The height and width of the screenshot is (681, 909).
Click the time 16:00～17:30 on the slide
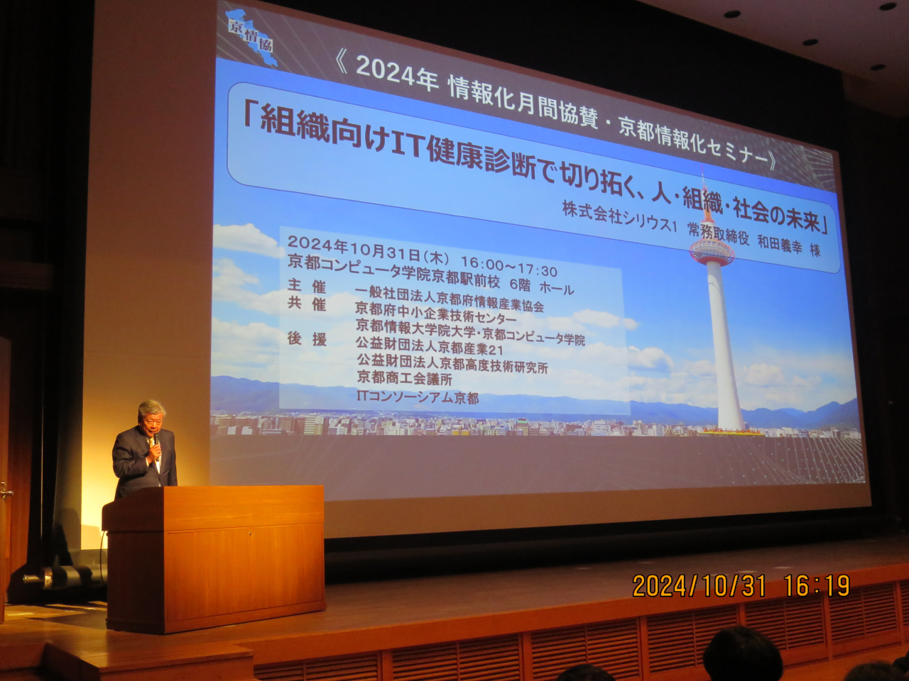(508, 267)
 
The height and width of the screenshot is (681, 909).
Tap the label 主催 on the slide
(307, 286)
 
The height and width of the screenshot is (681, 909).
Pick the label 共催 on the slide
(307, 304)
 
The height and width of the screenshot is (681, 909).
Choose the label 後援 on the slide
(307, 339)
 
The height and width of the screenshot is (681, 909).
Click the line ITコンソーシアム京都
(417, 397)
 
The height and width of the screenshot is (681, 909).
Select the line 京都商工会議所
(404, 378)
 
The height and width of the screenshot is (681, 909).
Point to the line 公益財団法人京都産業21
(430, 347)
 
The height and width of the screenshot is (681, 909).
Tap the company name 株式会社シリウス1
(619, 216)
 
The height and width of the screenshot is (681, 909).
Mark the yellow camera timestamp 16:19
(817, 586)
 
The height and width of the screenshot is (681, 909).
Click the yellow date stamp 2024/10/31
(699, 586)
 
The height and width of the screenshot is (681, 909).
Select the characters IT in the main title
(408, 144)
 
